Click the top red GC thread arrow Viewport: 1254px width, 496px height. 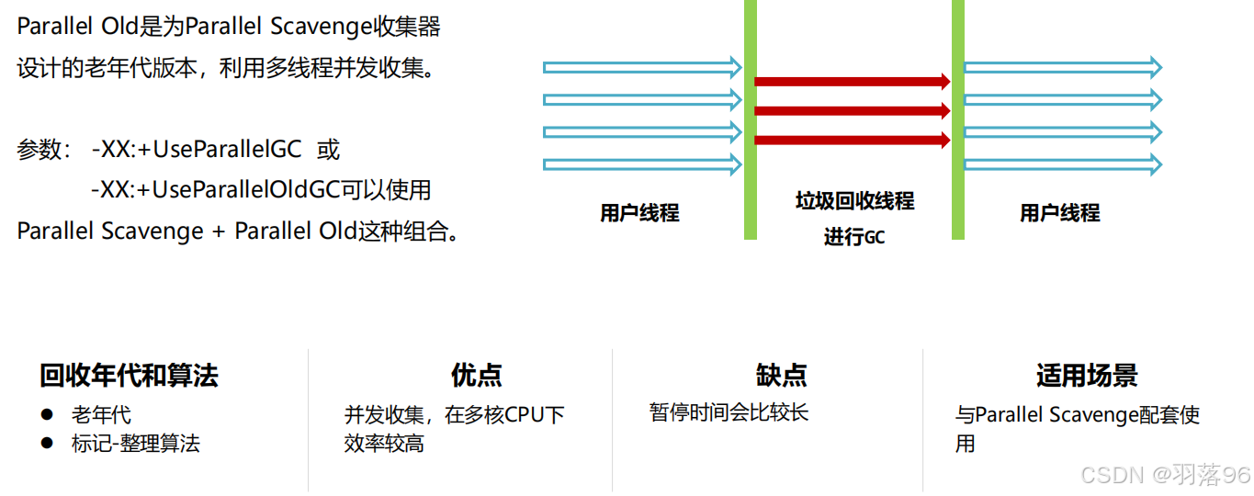click(x=851, y=82)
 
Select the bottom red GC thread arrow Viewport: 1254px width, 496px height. click(x=851, y=141)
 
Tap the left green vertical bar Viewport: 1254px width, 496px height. click(x=751, y=119)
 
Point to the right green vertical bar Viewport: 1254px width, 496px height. click(x=957, y=119)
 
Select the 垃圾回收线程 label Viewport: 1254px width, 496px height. click(x=854, y=201)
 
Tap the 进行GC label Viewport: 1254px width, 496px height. click(x=854, y=237)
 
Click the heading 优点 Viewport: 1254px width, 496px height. click(x=476, y=375)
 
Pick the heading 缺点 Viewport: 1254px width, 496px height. click(x=781, y=375)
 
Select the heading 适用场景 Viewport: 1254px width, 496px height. click(x=1087, y=375)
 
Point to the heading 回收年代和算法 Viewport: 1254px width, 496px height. click(x=129, y=375)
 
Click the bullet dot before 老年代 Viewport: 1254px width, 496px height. click(x=48, y=414)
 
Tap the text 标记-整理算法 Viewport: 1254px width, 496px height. click(x=136, y=444)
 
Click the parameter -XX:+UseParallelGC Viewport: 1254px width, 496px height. click(x=197, y=149)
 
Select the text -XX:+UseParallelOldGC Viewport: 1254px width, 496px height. click(x=215, y=189)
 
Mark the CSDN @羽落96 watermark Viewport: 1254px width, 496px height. click(x=1165, y=475)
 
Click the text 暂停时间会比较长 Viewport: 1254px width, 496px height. click(x=729, y=411)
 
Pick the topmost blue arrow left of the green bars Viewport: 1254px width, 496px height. click(x=642, y=67)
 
